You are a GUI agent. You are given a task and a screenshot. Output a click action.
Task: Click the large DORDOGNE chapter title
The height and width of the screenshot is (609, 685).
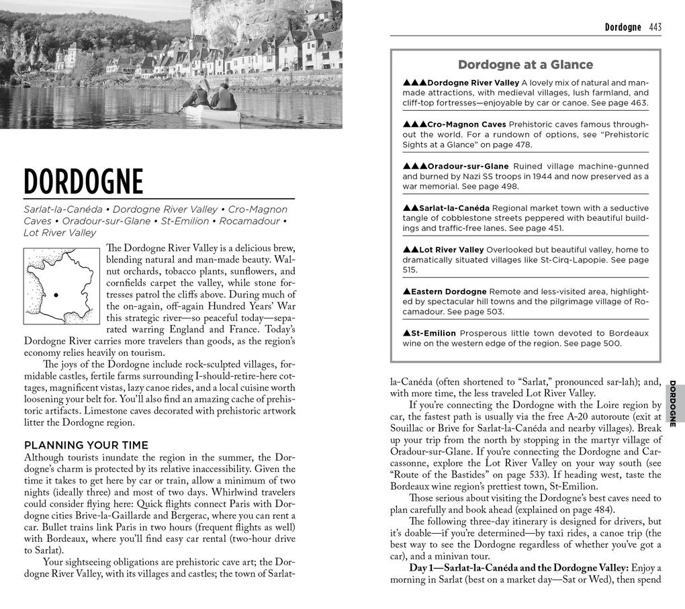pyautogui.click(x=84, y=182)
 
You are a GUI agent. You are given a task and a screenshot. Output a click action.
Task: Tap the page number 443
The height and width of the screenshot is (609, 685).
pyautogui.click(x=655, y=28)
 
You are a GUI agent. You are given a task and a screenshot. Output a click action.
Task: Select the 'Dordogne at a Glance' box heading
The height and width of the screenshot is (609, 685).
pyautogui.click(x=525, y=64)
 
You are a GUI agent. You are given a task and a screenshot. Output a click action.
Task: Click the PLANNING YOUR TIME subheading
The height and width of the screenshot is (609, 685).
pyautogui.click(x=86, y=445)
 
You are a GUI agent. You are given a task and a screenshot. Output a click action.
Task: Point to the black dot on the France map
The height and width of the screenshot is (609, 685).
pyautogui.click(x=56, y=295)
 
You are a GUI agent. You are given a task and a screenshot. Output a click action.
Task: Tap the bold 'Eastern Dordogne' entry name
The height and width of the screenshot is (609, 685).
pyautogui.click(x=449, y=291)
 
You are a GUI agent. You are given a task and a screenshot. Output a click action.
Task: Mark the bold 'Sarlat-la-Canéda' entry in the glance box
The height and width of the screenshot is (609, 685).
pyautogui.click(x=454, y=208)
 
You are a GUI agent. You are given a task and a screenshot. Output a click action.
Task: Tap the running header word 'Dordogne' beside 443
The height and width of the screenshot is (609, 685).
pyautogui.click(x=623, y=28)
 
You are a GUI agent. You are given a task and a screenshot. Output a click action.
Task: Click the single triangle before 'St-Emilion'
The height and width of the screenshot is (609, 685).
pyautogui.click(x=406, y=333)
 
